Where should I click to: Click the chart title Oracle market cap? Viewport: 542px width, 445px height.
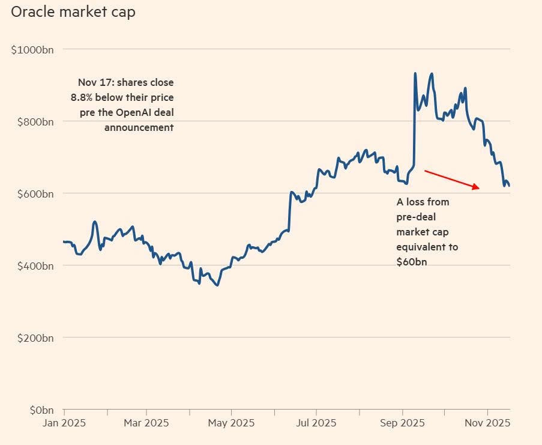tap(73, 12)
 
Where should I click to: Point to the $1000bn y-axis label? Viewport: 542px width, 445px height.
tap(32, 50)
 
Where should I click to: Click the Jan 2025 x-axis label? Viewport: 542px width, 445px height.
tap(64, 423)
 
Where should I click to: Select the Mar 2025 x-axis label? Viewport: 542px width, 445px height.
tap(146, 423)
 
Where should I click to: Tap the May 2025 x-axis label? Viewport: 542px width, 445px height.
tap(231, 423)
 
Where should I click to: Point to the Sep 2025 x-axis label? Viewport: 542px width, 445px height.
tap(402, 423)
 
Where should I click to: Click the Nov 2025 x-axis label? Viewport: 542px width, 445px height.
tap(487, 423)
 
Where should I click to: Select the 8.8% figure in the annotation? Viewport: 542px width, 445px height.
tap(83, 97)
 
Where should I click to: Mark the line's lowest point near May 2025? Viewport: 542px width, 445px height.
tap(217, 285)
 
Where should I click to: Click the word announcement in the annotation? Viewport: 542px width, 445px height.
tap(139, 127)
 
